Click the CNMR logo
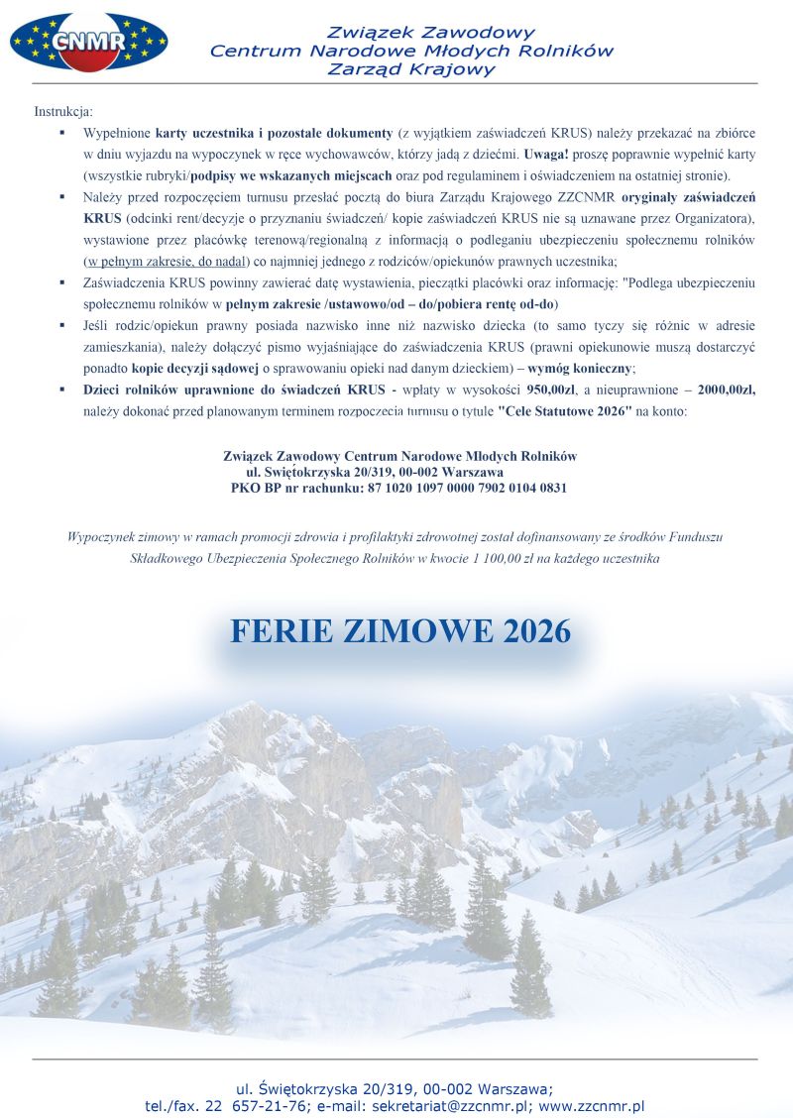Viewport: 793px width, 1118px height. [88, 41]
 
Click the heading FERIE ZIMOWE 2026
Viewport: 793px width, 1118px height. [400, 631]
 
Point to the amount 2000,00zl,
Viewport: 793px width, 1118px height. [721, 390]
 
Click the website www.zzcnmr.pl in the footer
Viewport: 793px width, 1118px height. [592, 1105]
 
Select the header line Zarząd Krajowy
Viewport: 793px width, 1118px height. [410, 69]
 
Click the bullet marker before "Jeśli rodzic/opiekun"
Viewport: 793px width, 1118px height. [61, 325]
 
